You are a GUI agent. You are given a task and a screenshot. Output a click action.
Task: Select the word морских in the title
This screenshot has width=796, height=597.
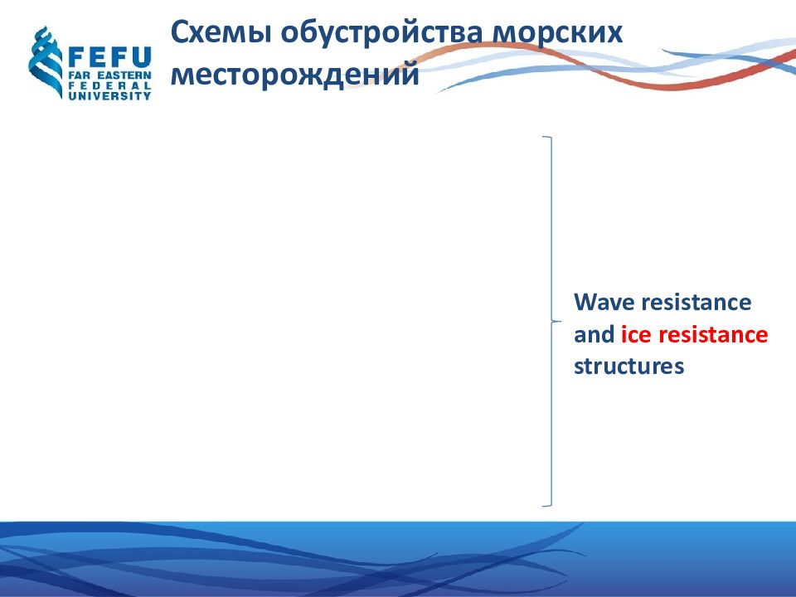557,32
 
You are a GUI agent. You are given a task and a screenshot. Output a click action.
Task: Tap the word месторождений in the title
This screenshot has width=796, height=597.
295,74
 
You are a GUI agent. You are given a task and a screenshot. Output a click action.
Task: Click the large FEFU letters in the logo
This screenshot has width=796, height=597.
109,57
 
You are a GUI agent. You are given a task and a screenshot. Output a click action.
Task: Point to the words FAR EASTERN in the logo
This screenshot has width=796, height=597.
109,75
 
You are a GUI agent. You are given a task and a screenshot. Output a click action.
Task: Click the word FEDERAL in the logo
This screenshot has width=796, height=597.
109,85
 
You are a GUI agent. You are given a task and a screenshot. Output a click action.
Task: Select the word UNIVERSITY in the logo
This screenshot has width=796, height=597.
109,95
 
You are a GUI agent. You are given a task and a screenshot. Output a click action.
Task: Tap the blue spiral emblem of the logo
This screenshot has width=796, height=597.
46,62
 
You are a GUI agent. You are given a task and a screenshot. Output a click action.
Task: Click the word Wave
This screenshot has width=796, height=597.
604,302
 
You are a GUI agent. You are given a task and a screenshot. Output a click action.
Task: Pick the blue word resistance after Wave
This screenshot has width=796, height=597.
696,302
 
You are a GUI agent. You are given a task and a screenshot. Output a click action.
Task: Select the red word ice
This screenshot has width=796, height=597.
636,334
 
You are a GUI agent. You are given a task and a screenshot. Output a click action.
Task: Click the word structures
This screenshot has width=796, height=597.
629,366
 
